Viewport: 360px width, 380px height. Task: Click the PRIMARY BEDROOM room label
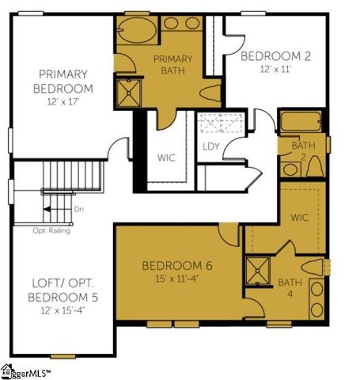(x=63, y=81)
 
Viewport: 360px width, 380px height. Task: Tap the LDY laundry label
(x=210, y=146)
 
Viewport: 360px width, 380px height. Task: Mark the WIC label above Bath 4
(x=300, y=216)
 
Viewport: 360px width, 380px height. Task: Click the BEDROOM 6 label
(x=176, y=265)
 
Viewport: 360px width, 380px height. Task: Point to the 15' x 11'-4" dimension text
(x=176, y=278)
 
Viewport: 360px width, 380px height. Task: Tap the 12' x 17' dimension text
(x=63, y=101)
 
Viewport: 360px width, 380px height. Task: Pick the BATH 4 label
(x=290, y=288)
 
